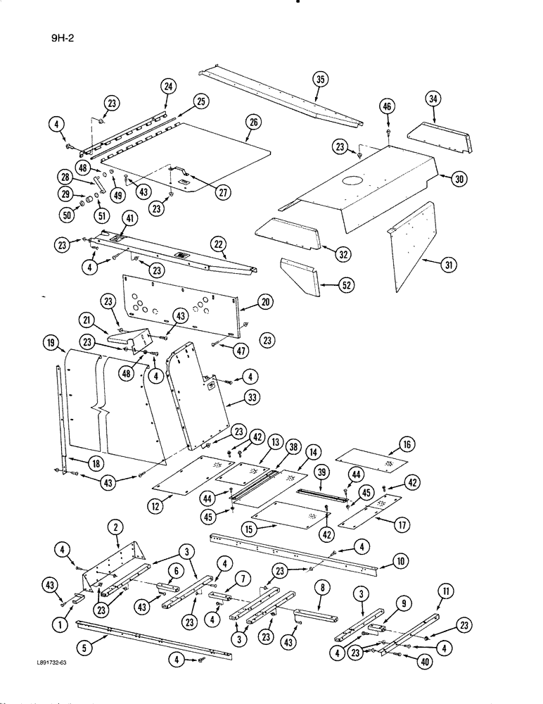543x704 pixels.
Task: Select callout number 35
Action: tap(321, 79)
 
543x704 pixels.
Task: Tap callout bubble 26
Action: tap(253, 122)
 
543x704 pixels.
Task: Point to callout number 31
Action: tap(447, 265)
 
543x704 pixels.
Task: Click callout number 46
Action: tap(386, 106)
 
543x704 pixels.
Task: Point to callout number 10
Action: tap(400, 562)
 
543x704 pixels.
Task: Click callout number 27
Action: tap(222, 193)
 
